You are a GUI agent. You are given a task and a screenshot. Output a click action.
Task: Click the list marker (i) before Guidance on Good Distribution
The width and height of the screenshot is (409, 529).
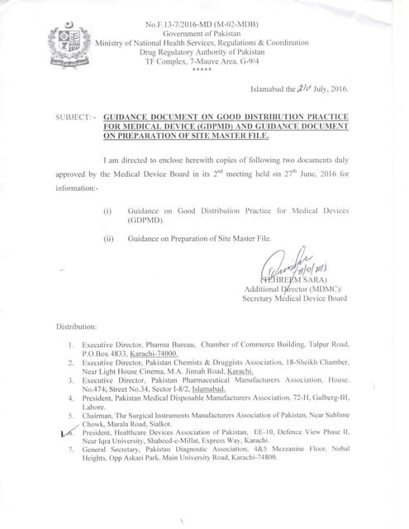tap(107, 212)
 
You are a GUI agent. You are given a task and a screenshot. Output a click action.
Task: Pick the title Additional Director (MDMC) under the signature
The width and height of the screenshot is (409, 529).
tap(294, 289)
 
